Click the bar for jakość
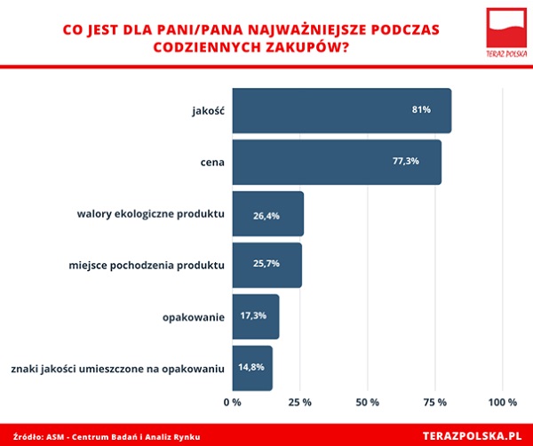(341, 111)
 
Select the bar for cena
(337, 163)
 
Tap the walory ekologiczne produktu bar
(267, 214)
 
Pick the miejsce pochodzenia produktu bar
(266, 265)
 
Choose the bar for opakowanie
(255, 316)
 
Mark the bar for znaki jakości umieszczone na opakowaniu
(252, 368)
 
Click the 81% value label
(421, 110)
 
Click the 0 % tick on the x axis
(233, 403)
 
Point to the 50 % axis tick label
(367, 403)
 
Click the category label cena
(211, 163)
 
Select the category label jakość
(207, 111)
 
